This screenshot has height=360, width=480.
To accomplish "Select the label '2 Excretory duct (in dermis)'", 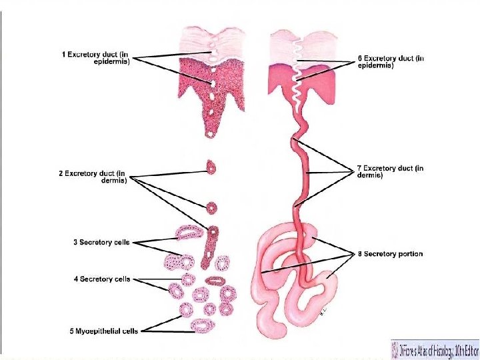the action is click(x=93, y=176).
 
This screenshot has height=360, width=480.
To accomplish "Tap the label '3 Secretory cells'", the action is click(x=101, y=242).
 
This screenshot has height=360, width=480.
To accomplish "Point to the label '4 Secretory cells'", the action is click(x=101, y=279).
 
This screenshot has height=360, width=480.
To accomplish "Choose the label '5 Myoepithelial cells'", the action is click(x=103, y=331).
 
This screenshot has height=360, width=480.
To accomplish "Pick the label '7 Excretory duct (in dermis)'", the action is click(x=390, y=172).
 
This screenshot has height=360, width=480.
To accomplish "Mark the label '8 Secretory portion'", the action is click(x=390, y=254).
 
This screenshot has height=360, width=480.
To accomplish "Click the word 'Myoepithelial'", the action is click(x=94, y=331).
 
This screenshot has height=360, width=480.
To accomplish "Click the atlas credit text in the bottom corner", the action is click(x=440, y=349).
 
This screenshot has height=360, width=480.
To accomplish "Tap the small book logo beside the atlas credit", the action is click(x=397, y=349).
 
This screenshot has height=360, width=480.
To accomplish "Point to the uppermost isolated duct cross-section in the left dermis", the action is click(x=211, y=167).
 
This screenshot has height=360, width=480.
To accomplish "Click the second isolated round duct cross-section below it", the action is click(x=212, y=207).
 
